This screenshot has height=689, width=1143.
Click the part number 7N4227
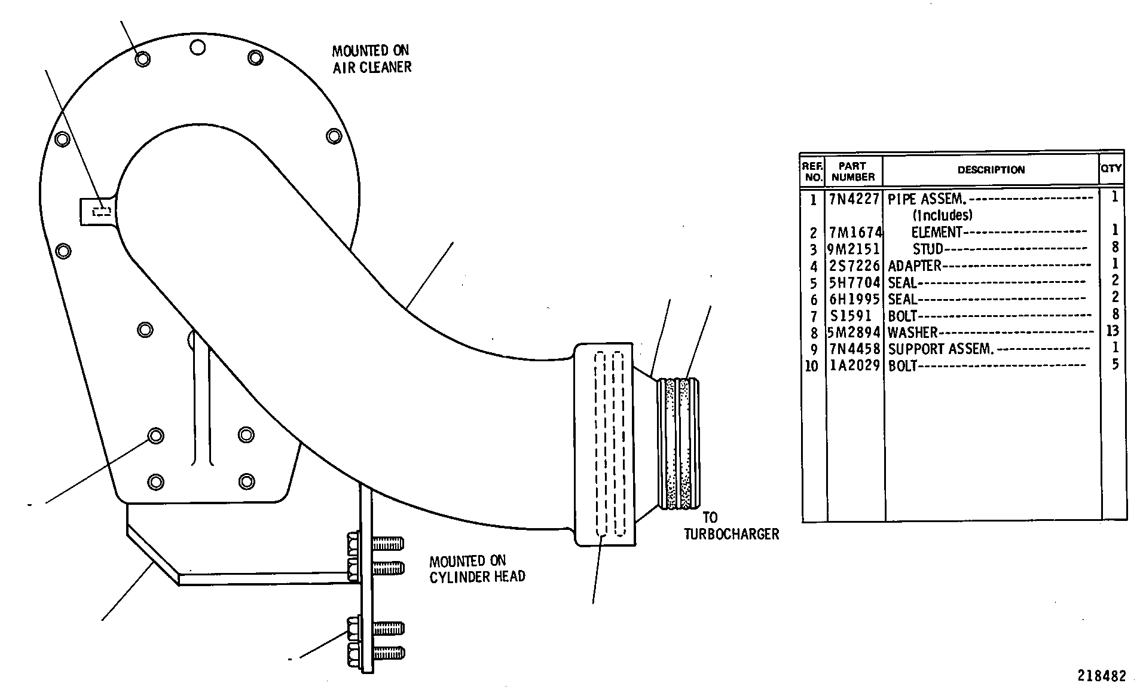(854, 199)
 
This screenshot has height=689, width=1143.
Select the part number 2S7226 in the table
(854, 266)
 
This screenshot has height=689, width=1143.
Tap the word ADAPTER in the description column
(915, 266)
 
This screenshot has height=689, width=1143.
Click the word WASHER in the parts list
(912, 333)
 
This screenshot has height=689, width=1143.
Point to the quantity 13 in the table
(1113, 331)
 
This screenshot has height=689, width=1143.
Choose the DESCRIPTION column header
(991, 170)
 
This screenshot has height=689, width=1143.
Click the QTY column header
(1111, 169)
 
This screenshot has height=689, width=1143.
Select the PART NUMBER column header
(853, 171)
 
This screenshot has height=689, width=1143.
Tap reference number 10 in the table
(811, 366)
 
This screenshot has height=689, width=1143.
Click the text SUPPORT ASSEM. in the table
(940, 349)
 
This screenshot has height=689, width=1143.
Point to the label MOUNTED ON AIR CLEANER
(372, 59)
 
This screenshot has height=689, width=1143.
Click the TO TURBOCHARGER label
(732, 526)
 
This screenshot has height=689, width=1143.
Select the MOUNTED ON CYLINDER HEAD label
(477, 569)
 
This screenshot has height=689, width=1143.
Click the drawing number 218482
(1102, 676)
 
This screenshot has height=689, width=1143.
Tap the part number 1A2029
(854, 366)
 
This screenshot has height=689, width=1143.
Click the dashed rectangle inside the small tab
(102, 211)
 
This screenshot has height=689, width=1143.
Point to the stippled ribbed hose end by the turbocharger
(679, 443)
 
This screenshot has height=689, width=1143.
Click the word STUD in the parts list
(928, 249)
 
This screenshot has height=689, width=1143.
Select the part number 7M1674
(855, 232)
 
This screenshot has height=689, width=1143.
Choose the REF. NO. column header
(812, 171)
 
